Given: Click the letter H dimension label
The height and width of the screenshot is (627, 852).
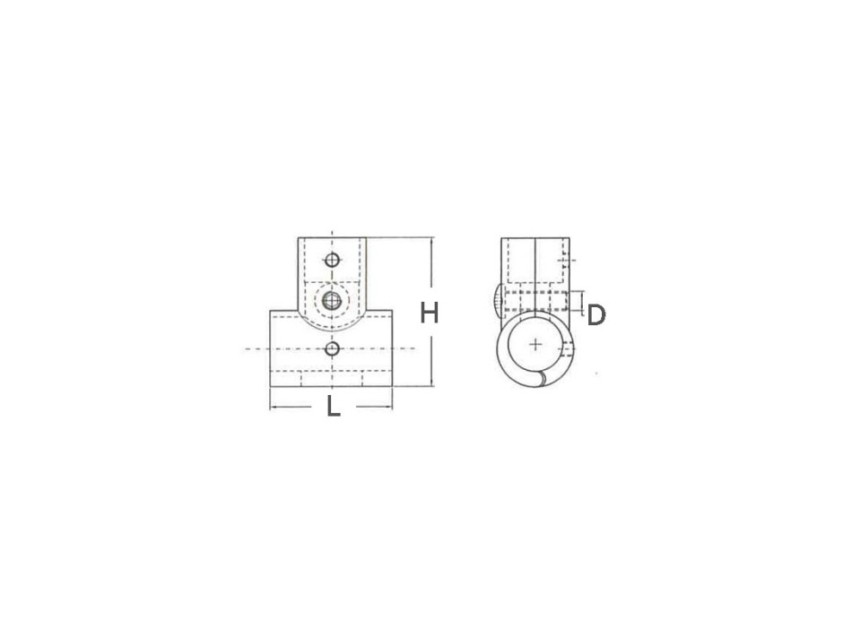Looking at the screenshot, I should pyautogui.click(x=430, y=313).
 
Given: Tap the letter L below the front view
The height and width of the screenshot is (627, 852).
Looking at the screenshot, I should pyautogui.click(x=333, y=408).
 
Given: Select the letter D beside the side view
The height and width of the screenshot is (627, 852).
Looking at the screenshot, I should pyautogui.click(x=596, y=314).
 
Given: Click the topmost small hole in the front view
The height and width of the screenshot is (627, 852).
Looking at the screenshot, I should pyautogui.click(x=333, y=261).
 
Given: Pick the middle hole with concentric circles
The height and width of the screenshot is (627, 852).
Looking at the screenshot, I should pyautogui.click(x=333, y=300).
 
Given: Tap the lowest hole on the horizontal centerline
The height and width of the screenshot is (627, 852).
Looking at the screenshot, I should pyautogui.click(x=333, y=348).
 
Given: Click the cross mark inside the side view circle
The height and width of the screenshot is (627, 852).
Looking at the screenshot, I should pyautogui.click(x=535, y=343).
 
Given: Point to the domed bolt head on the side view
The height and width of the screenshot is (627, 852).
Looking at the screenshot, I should pyautogui.click(x=496, y=299).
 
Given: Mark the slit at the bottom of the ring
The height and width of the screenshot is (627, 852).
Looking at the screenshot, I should pyautogui.click(x=540, y=382).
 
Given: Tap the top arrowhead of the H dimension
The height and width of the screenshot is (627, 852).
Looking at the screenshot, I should pyautogui.click(x=432, y=240).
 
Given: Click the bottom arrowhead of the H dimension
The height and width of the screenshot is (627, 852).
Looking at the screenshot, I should pyautogui.click(x=432, y=384).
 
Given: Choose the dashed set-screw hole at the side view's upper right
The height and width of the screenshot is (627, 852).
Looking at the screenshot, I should pyautogui.click(x=564, y=261).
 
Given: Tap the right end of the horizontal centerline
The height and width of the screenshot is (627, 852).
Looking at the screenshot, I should pyautogui.click(x=414, y=348).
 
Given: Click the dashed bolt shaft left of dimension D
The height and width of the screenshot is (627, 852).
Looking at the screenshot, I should pyautogui.click(x=536, y=299).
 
